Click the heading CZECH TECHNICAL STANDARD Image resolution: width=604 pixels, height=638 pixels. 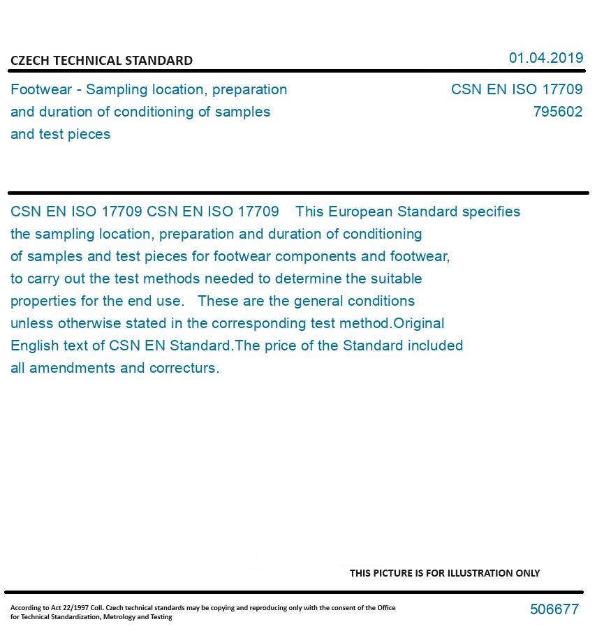click(101, 61)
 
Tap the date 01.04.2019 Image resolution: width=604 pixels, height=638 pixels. click(545, 58)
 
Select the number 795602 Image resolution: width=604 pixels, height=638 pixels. click(557, 112)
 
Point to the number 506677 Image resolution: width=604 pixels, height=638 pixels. click(554, 609)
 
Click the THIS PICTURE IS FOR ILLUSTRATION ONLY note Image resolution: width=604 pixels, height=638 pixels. click(445, 573)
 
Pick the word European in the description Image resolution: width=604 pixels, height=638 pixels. click(361, 212)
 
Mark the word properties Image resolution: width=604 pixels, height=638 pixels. click(43, 302)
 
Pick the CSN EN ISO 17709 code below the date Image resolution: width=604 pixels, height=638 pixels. click(517, 89)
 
